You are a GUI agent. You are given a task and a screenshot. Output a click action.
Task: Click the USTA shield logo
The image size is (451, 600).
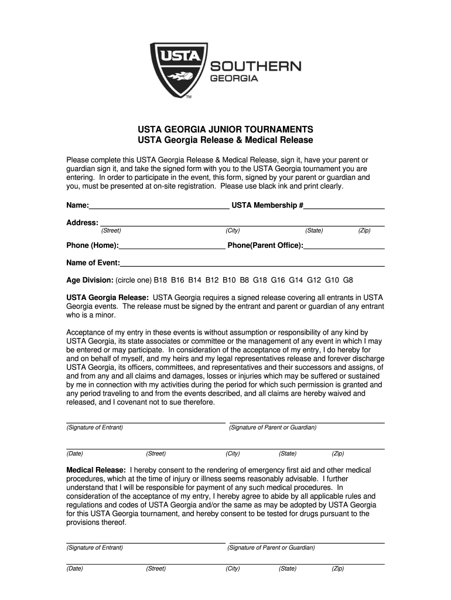pos(179,69)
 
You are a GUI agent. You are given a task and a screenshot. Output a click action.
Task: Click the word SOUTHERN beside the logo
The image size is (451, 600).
pos(255,66)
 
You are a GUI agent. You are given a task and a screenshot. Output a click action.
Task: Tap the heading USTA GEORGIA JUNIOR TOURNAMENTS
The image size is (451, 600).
pos(225,129)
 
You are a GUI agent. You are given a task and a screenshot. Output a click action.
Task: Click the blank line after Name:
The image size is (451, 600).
pos(159,205)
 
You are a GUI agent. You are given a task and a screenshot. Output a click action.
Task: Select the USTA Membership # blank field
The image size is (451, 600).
pos(344,205)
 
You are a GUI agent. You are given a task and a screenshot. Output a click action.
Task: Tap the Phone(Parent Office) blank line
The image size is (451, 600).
pos(344,245)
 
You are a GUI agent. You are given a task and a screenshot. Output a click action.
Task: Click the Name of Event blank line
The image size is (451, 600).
pos(252,262)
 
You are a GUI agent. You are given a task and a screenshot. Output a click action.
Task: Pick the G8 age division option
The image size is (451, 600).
pos(348,280)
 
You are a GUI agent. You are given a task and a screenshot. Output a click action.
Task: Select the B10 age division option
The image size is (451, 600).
pos(229,280)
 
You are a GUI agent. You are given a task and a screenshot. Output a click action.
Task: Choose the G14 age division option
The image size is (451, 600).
pos(296,280)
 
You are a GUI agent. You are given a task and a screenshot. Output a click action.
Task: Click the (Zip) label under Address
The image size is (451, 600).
pos(364,231)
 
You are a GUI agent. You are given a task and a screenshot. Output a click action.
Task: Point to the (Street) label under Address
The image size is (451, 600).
pos(111,231)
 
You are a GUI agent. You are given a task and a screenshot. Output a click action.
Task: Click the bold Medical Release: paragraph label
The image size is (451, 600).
pos(96,470)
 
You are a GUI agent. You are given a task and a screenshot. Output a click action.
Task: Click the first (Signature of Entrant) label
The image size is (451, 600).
pos(95,428)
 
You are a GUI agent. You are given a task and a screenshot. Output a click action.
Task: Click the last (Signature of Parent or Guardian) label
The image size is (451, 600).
pos(271,548)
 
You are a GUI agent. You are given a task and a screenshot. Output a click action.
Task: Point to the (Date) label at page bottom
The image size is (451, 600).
pos(75,568)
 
